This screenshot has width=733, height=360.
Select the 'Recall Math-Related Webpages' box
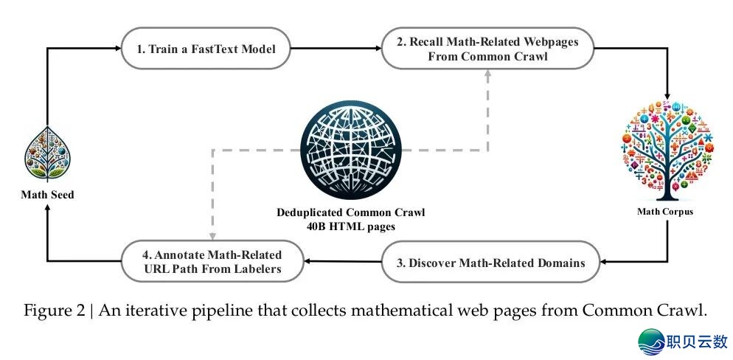[x=487, y=49]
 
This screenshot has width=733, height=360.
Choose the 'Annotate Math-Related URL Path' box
[x=212, y=262]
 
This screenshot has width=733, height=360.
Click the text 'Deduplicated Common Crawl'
[x=351, y=212]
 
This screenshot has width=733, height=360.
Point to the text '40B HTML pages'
[x=351, y=226]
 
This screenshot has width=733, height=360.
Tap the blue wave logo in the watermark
[x=650, y=342]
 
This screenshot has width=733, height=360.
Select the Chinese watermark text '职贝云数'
[x=696, y=342]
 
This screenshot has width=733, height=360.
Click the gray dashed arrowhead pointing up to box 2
[x=486, y=74]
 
